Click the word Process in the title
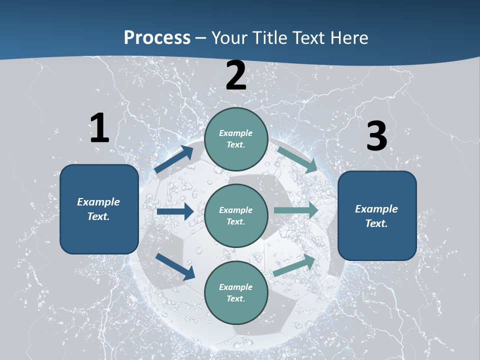click(x=157, y=37)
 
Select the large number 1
click(x=99, y=128)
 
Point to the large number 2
click(x=236, y=76)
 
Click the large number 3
click(x=376, y=136)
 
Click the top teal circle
click(x=236, y=139)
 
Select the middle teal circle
click(x=236, y=216)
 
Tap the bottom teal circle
click(x=236, y=293)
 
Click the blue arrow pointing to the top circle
click(x=174, y=159)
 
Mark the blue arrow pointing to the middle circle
click(x=175, y=211)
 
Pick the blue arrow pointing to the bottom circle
click(x=175, y=266)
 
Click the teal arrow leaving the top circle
click(x=297, y=159)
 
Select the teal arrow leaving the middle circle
click(x=295, y=210)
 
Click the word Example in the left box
click(x=98, y=202)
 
